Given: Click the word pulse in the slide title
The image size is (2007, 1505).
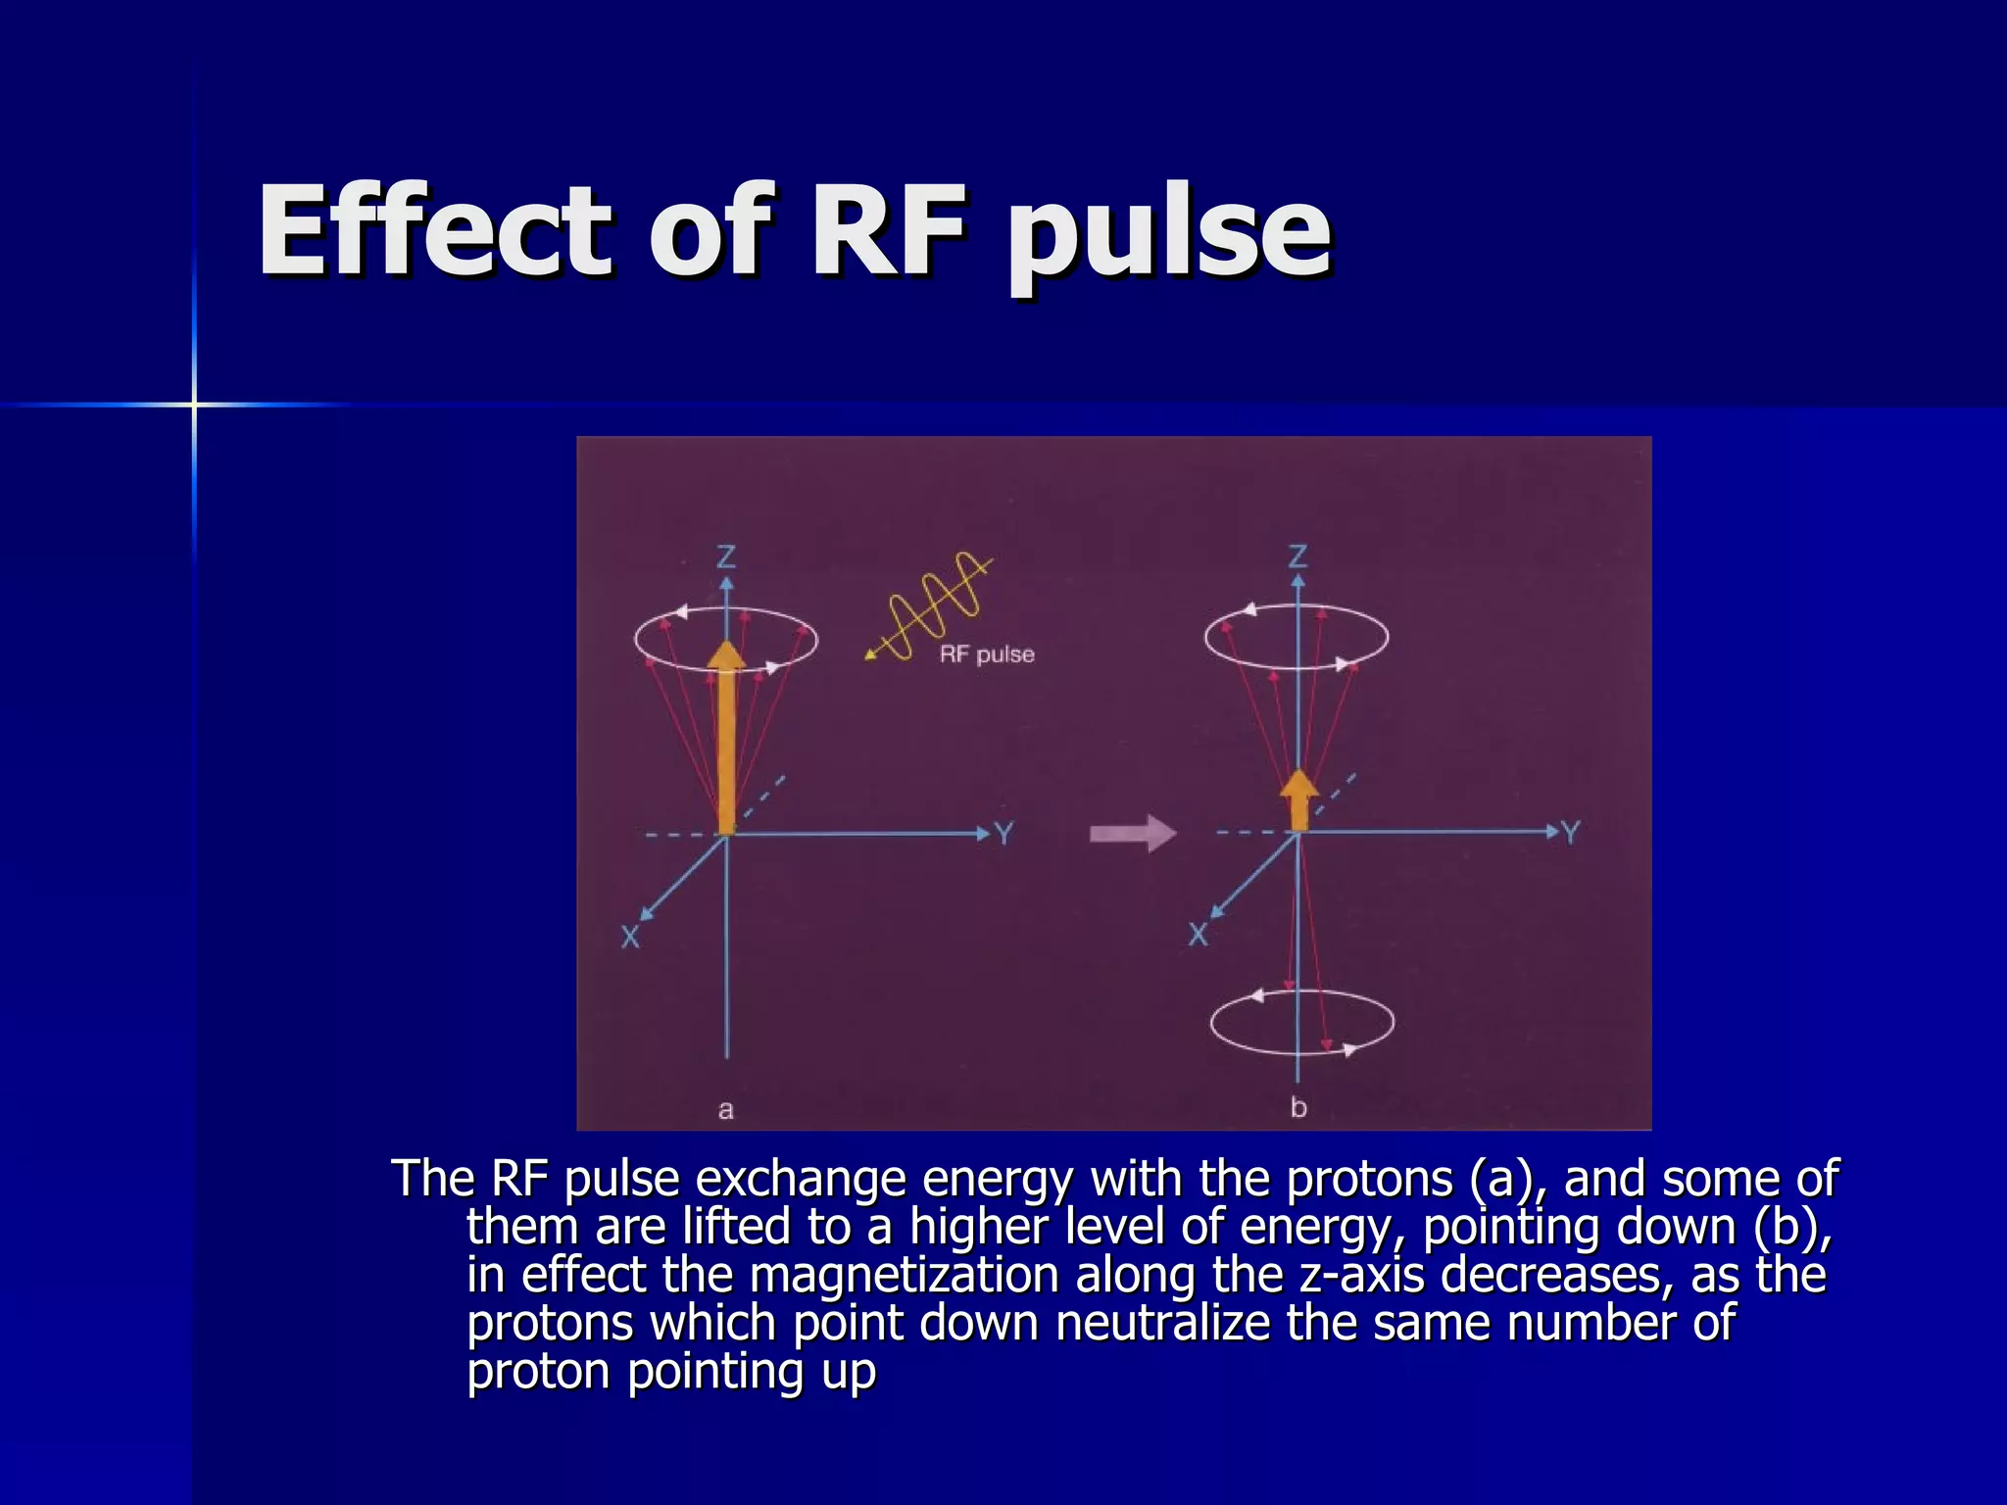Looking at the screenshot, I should (1169, 235).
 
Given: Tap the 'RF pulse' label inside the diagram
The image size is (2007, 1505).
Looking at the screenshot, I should (987, 655).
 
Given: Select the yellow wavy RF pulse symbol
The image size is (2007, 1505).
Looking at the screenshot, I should (932, 607).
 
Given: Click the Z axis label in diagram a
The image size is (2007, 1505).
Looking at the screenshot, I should (726, 558).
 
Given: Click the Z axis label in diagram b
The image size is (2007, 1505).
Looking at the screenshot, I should (1297, 558).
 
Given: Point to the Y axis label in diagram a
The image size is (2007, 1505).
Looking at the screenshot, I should (1004, 834).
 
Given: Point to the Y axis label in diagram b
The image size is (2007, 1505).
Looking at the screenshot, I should (1571, 833).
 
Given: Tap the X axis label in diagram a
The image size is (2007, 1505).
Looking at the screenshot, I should (630, 937).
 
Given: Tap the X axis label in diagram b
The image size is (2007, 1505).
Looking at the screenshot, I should (1198, 934).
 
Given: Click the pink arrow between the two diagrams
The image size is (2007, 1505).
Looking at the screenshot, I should (1133, 834).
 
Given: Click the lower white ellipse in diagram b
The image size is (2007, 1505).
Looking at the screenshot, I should (1302, 1022).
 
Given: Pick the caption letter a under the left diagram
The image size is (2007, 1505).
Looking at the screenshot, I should (725, 1109).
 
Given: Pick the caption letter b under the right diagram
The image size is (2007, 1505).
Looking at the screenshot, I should (1298, 1107).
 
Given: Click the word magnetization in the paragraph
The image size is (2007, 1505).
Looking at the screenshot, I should (905, 1275).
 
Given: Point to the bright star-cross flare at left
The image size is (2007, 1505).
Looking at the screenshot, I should (194, 404).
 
